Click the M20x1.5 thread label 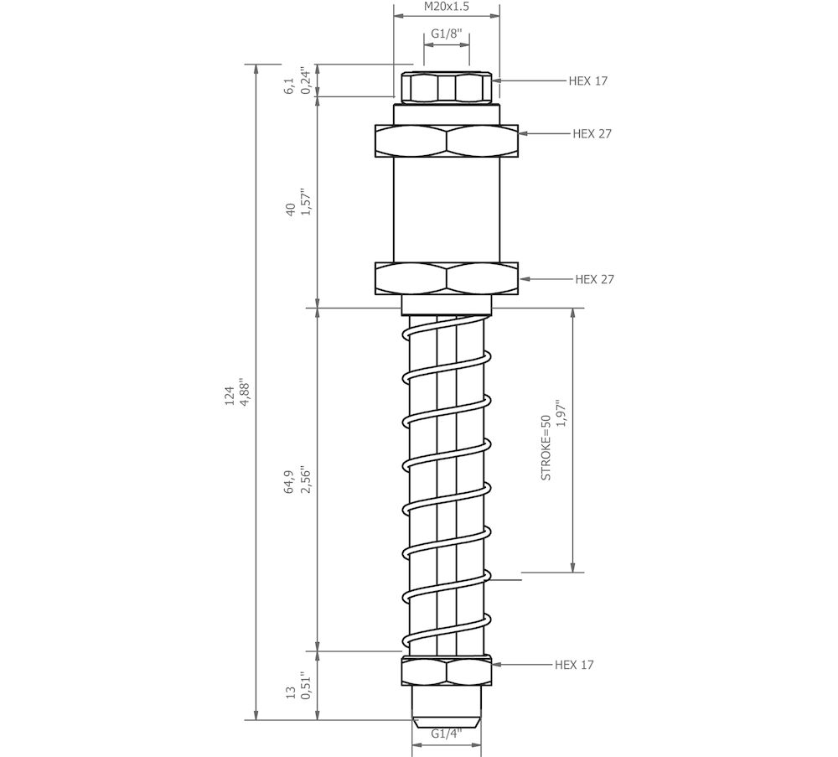click(x=446, y=7)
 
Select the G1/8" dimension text click(x=446, y=34)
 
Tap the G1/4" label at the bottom click(x=446, y=734)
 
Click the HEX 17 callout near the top click(x=587, y=80)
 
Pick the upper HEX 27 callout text click(x=593, y=133)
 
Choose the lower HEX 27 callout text click(x=594, y=279)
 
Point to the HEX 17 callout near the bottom click(x=574, y=665)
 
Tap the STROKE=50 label click(x=546, y=447)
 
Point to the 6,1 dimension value click(x=289, y=85)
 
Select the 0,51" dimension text click(x=306, y=686)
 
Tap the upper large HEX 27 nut click(x=446, y=141)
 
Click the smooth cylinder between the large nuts click(x=446, y=210)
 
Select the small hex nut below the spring click(x=446, y=671)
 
